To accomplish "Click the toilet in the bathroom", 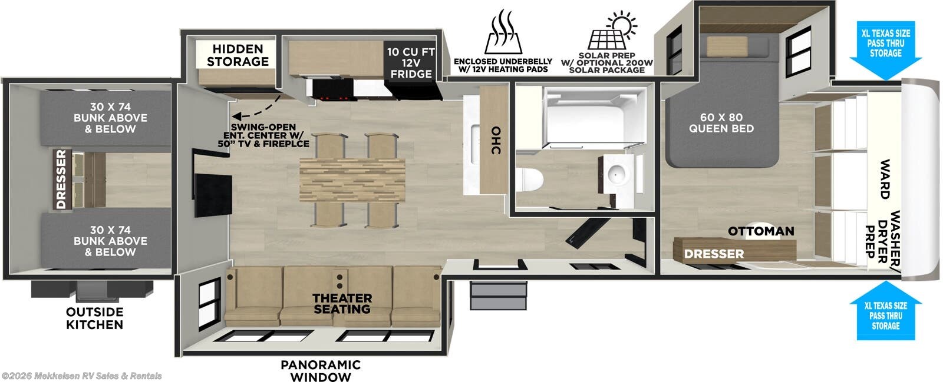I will point(530,180).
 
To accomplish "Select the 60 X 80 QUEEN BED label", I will point(721,122).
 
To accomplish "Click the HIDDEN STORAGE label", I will point(238,55).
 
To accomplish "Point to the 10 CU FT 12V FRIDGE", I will point(411,63).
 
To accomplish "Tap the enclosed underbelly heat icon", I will point(503,32).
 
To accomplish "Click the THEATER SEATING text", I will point(342,303).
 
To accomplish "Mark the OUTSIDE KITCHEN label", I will point(94,318).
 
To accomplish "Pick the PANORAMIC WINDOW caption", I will point(321,371).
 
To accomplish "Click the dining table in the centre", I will point(352,180).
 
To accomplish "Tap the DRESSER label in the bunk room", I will point(61,180).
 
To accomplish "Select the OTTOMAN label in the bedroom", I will point(761,231).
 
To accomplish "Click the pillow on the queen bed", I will point(727,45).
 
